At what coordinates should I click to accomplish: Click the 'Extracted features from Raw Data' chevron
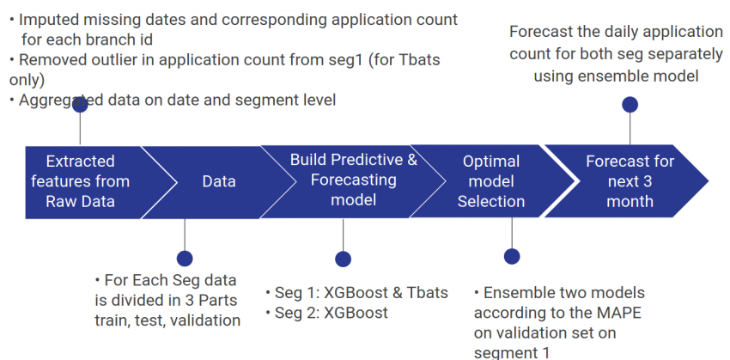[80, 181]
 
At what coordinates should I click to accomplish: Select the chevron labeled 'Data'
[219, 181]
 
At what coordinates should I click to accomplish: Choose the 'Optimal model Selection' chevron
[490, 181]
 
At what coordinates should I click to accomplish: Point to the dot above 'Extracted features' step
[81, 105]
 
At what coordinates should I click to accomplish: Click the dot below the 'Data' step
[184, 258]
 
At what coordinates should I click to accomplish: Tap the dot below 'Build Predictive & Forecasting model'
[344, 259]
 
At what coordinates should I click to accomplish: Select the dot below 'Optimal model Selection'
[512, 256]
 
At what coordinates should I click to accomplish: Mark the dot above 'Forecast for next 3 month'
[630, 105]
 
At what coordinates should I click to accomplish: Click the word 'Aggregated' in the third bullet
[59, 101]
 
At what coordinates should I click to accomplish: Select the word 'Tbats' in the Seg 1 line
[425, 292]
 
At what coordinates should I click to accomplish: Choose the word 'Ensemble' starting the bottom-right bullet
[522, 292]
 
